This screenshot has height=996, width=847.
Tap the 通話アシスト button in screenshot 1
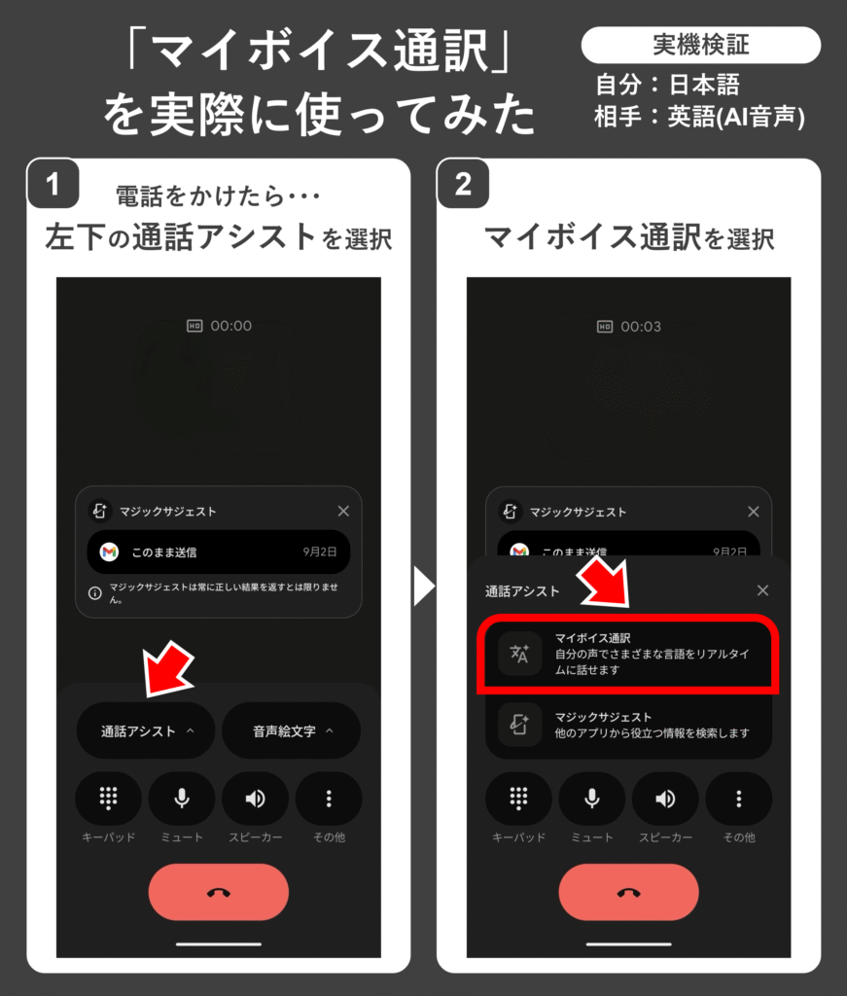[146, 730]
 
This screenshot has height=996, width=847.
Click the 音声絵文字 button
[292, 730]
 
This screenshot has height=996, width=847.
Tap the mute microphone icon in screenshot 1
[182, 798]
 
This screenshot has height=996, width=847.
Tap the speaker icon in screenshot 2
[665, 799]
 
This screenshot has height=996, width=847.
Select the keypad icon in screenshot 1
[109, 798]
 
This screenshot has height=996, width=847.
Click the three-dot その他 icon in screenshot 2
[738, 799]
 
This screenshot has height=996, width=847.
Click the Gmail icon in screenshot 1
[109, 552]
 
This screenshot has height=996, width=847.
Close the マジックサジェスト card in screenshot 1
[343, 511]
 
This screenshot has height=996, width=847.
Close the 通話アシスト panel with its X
[762, 590]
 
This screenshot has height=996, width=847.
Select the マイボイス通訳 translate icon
[519, 653]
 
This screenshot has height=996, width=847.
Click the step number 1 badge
[53, 184]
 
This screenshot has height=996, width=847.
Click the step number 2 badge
[463, 184]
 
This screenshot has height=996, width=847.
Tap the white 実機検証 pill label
[701, 45]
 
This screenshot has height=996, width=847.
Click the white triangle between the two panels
[424, 586]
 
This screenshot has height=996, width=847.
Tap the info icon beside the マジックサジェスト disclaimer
[94, 593]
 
